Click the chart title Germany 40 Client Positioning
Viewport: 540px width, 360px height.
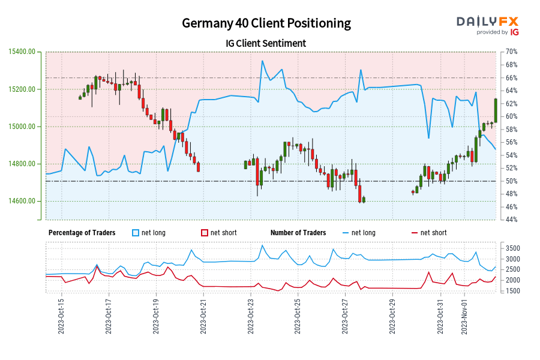click(x=266, y=23)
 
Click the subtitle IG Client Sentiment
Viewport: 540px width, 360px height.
click(x=266, y=43)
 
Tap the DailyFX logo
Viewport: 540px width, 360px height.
click(x=487, y=25)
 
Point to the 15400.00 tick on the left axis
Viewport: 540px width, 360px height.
click(x=22, y=52)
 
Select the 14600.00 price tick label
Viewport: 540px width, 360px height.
click(x=22, y=201)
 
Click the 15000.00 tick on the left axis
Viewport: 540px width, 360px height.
click(x=22, y=127)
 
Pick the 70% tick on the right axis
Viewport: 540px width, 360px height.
click(x=511, y=52)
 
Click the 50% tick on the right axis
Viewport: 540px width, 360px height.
click(x=511, y=181)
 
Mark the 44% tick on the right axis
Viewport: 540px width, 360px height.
click(x=511, y=220)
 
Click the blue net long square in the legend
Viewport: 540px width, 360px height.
click(x=136, y=233)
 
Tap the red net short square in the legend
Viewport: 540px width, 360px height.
click(x=205, y=233)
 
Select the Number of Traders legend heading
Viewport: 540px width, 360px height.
click(x=298, y=233)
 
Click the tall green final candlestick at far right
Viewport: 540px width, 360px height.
click(x=496, y=110)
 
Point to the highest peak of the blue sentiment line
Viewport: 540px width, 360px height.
click(x=262, y=61)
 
